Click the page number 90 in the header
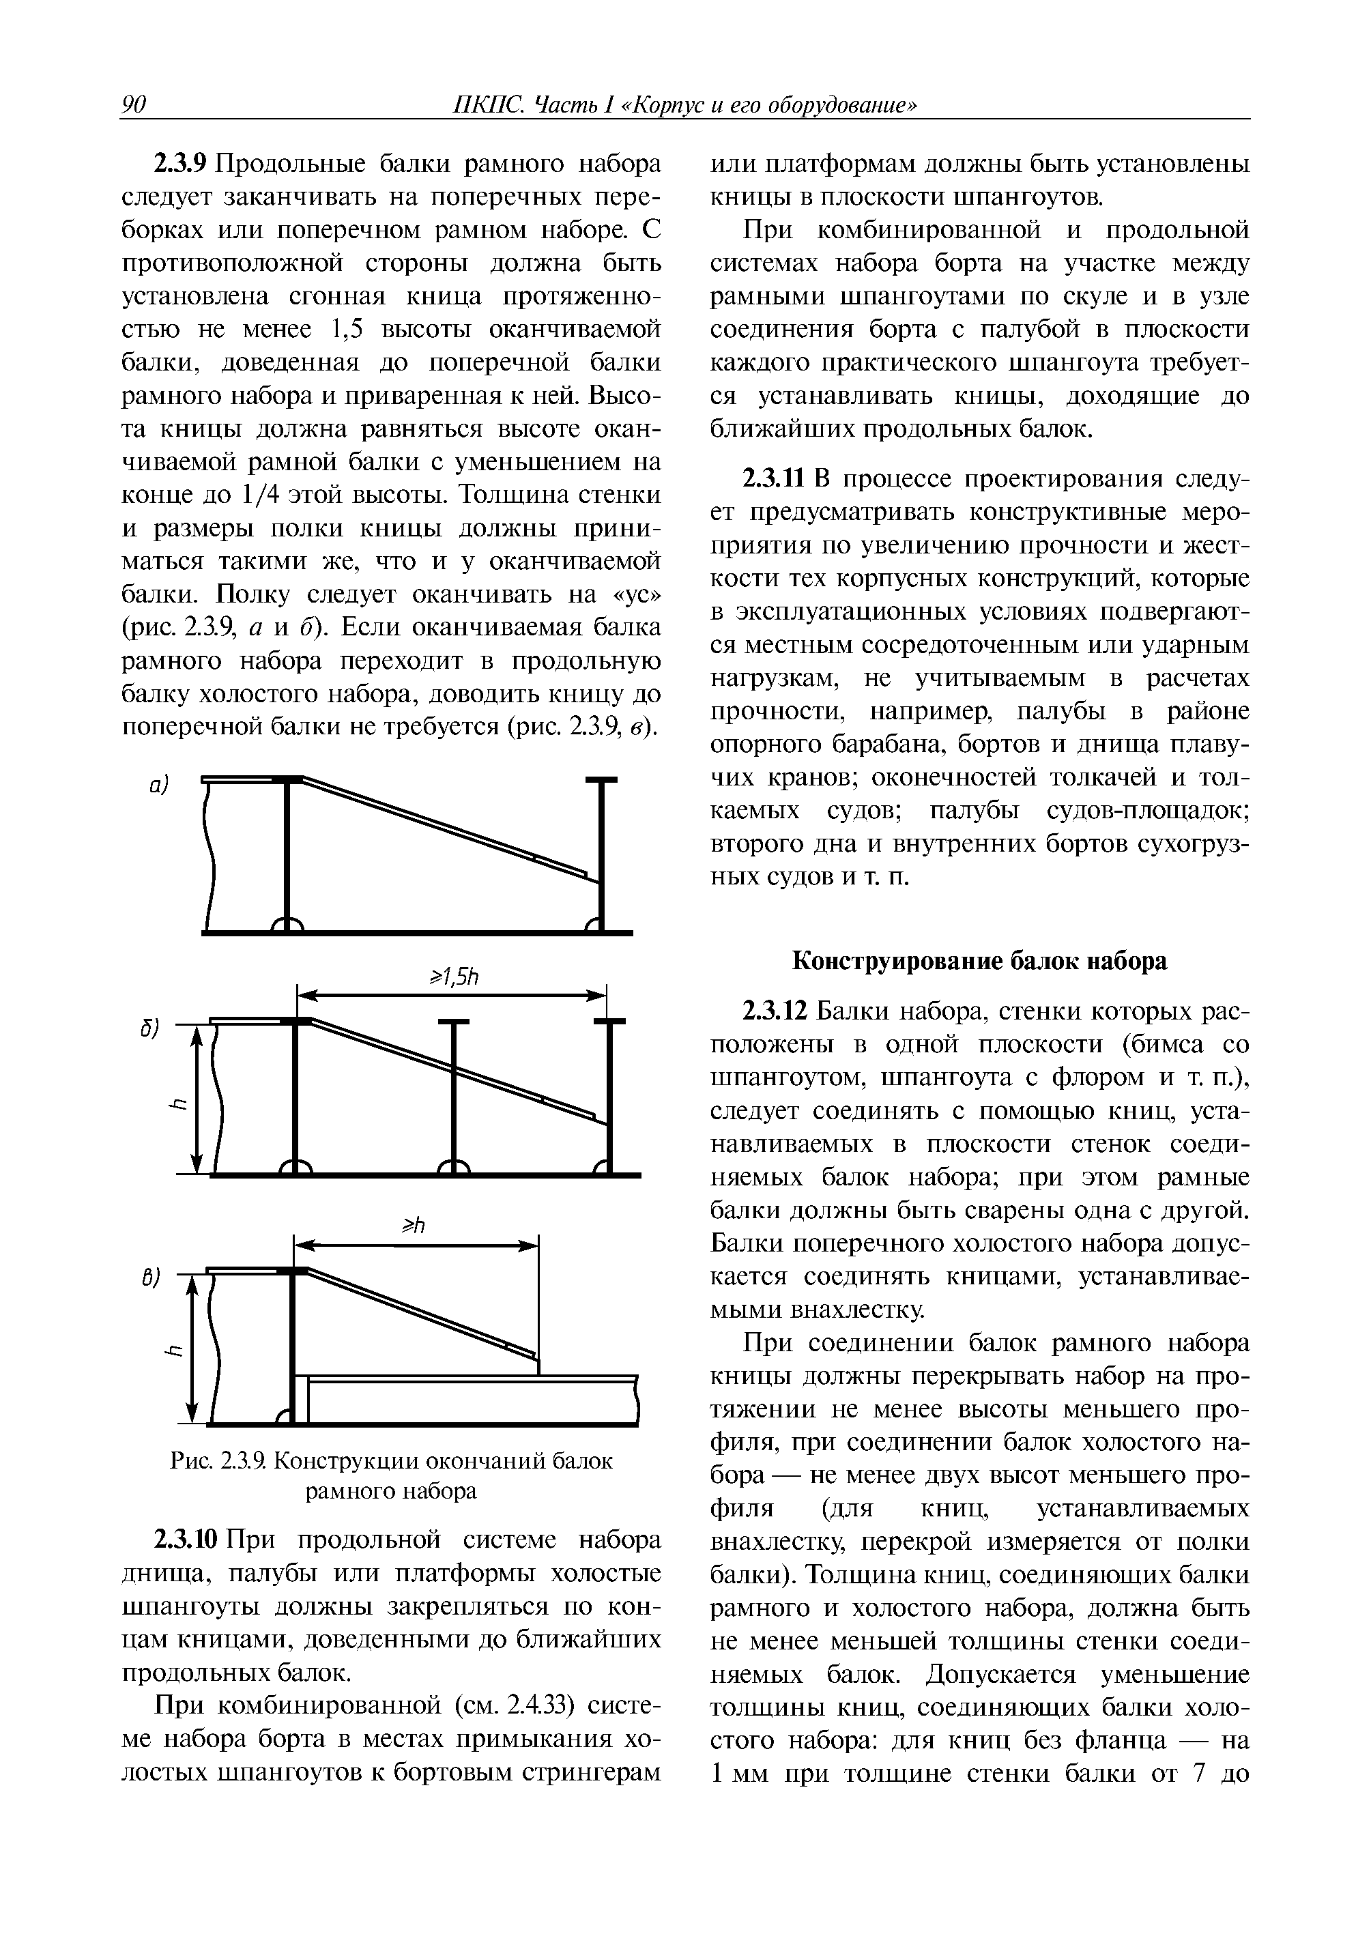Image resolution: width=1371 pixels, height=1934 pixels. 135,104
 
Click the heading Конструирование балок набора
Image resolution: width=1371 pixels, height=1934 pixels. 979,961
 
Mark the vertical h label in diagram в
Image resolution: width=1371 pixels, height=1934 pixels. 175,1353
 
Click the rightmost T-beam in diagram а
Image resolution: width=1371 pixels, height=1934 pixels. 601,852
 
